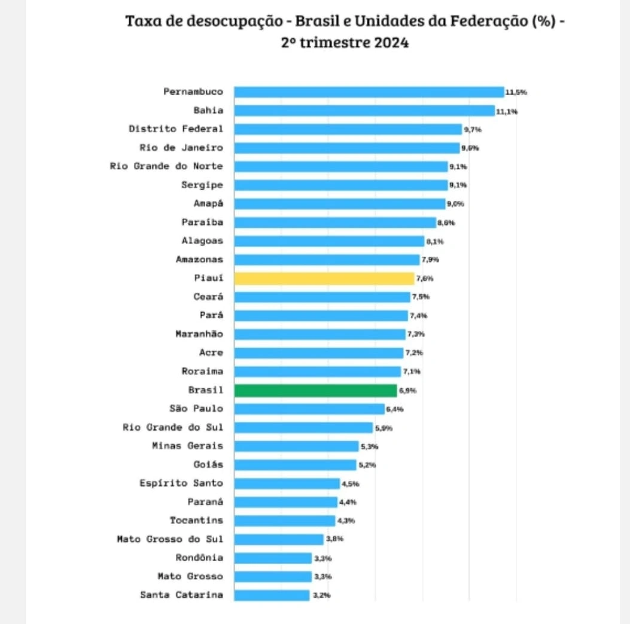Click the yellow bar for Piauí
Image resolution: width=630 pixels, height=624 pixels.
[324, 278]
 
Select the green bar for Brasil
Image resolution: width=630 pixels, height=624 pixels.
[315, 390]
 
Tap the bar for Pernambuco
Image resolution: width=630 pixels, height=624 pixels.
[369, 92]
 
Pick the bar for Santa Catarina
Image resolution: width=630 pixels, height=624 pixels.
[272, 595]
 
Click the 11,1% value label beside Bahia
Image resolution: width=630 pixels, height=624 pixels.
[507, 111]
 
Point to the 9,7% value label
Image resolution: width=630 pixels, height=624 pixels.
[473, 129]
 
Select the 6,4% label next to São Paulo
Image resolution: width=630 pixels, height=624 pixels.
[395, 409]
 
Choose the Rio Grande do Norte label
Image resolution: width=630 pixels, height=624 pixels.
[167, 166]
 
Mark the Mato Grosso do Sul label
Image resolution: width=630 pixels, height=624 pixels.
[170, 539]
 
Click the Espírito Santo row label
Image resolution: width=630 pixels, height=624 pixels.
[181, 483]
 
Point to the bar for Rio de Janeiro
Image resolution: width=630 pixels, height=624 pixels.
[346, 148]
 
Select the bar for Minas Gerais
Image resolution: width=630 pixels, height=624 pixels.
[296, 446]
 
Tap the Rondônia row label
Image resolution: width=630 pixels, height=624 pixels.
[200, 558]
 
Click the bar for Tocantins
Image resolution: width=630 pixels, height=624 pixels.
[284, 520]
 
